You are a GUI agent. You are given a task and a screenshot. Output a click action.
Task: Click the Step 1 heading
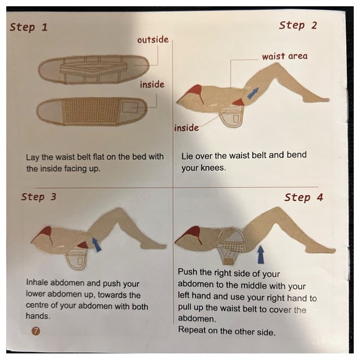tap(29, 27)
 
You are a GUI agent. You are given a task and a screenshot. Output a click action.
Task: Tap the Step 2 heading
tap(298, 25)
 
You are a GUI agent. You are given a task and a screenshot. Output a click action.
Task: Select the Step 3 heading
tap(38, 197)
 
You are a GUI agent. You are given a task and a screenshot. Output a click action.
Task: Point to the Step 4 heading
tap(304, 197)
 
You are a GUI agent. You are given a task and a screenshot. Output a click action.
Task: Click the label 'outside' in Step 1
tap(153, 40)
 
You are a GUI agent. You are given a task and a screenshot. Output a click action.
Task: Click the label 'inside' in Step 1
tap(151, 84)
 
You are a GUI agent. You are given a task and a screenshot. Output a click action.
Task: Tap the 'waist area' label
tap(284, 56)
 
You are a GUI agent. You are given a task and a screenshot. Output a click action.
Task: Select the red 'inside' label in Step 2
tap(186, 128)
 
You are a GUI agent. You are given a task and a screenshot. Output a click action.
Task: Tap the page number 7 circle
tap(35, 331)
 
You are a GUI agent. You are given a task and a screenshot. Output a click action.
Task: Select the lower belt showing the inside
tap(93, 112)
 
